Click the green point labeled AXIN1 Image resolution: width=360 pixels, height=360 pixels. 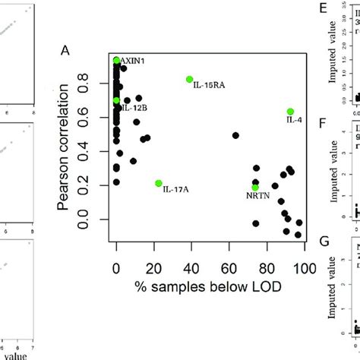point(116,61)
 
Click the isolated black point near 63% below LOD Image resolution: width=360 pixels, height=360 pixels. point(235,135)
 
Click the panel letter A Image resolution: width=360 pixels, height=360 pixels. point(65,50)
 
